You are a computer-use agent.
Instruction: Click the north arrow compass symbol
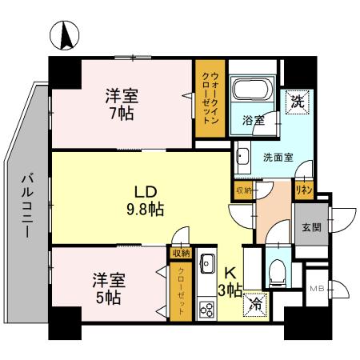[65, 34]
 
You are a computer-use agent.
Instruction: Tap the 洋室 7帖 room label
[122, 104]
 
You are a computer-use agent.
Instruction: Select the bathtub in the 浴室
[252, 94]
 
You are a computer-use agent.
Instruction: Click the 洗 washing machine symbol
[297, 102]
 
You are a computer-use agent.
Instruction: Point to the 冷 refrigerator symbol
[257, 303]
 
